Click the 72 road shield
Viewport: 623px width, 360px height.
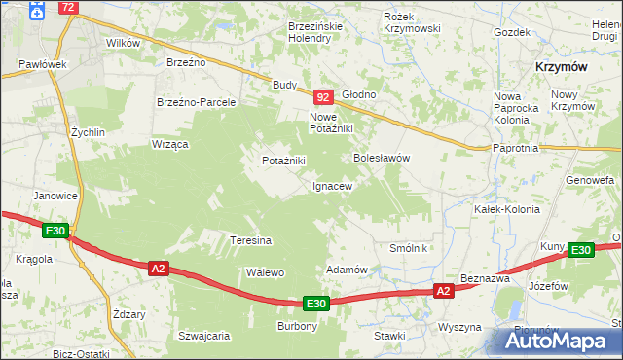click(x=67, y=7)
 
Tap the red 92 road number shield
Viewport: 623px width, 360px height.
click(x=325, y=97)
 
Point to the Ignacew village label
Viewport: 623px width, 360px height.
click(x=331, y=185)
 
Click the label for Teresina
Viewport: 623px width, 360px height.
click(x=250, y=239)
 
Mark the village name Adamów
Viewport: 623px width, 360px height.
click(x=347, y=270)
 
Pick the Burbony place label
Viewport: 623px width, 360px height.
click(x=298, y=326)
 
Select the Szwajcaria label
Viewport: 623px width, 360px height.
click(x=203, y=335)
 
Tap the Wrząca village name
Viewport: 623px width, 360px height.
click(x=169, y=143)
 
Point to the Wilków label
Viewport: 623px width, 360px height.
click(x=124, y=43)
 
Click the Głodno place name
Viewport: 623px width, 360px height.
click(x=357, y=94)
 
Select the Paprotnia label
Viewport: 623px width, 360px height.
click(x=516, y=148)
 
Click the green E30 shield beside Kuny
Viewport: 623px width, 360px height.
click(x=581, y=250)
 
